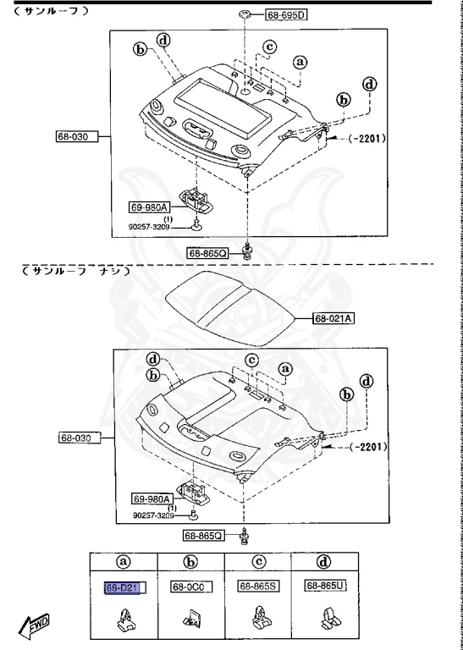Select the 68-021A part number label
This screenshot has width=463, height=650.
(333, 318)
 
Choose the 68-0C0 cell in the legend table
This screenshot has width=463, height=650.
(193, 586)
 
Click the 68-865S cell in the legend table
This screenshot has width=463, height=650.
(258, 586)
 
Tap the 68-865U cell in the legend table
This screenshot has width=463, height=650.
(326, 586)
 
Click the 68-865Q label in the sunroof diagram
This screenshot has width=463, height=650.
(207, 252)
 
